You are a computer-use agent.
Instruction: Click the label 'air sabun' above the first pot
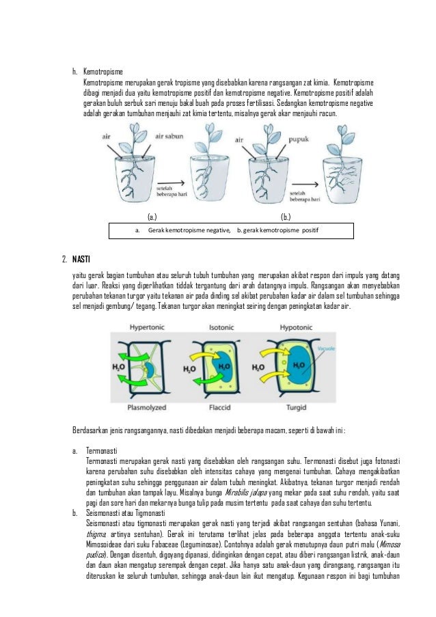(169, 138)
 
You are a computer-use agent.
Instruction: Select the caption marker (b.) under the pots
(286, 218)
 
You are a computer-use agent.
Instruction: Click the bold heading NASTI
(81, 258)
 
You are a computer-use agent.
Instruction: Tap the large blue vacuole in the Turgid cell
(298, 365)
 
